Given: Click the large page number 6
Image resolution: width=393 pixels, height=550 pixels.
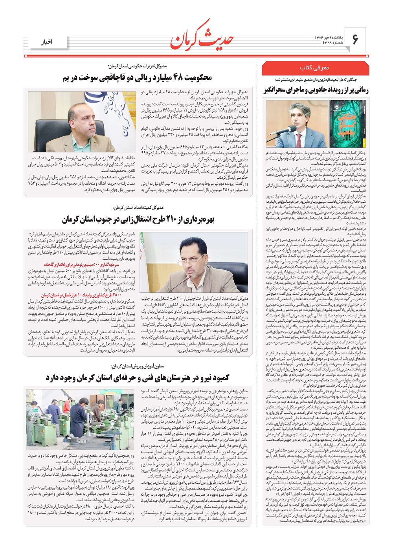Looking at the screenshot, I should (x=356, y=40).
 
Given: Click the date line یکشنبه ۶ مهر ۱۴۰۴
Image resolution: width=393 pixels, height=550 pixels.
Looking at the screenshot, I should (x=329, y=37).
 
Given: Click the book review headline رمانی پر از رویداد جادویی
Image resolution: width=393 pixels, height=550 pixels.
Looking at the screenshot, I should (x=316, y=90).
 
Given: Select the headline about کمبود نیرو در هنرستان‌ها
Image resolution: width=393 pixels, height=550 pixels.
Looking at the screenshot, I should (x=138, y=378).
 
